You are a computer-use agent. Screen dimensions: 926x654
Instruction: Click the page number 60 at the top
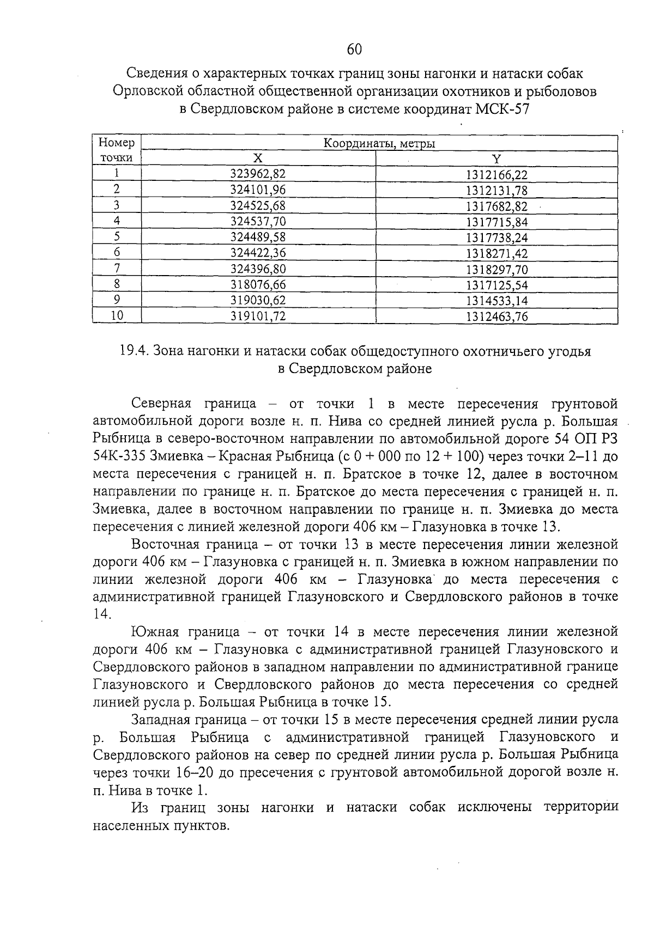click(x=354, y=49)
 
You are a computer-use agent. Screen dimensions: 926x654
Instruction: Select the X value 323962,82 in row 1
click(x=258, y=174)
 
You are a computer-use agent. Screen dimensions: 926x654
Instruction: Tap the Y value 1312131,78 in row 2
click(x=496, y=190)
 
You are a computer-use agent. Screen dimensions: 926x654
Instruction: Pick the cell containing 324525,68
click(x=258, y=205)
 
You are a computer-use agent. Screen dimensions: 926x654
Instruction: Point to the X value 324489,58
click(x=258, y=237)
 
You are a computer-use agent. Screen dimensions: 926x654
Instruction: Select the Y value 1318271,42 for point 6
click(x=496, y=253)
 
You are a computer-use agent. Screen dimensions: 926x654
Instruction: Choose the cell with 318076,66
click(x=258, y=284)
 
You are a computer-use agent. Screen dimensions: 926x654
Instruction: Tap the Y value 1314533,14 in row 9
click(x=496, y=301)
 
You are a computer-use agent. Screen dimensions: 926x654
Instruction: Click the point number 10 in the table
click(x=117, y=316)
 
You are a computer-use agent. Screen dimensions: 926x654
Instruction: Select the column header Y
click(x=496, y=159)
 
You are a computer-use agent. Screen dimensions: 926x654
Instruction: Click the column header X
click(x=258, y=159)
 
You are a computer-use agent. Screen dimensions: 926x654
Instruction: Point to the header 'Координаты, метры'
click(x=379, y=144)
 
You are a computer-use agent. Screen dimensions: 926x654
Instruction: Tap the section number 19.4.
click(x=134, y=351)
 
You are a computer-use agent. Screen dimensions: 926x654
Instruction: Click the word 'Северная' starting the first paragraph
click(x=161, y=404)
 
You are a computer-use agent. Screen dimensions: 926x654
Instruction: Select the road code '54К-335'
click(x=118, y=456)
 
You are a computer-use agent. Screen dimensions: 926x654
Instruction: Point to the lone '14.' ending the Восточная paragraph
click(x=102, y=614)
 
